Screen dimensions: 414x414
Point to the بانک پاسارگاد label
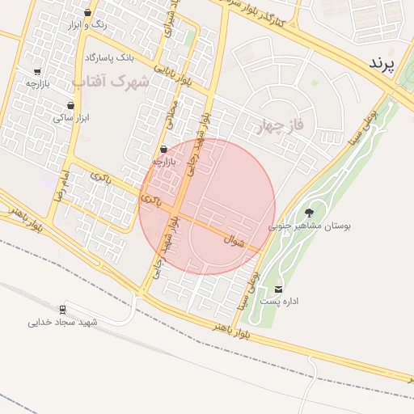pyautogui.click(x=108, y=58)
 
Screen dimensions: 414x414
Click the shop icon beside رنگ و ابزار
pyautogui.click(x=87, y=12)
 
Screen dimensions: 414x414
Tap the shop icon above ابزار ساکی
pyautogui.click(x=71, y=105)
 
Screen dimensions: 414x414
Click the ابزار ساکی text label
pyautogui.click(x=71, y=118)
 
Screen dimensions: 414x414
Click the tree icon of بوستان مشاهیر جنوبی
pyautogui.click(x=309, y=213)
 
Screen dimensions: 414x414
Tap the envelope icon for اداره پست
pyautogui.click(x=279, y=289)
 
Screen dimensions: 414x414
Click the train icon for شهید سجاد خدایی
pyautogui.click(x=62, y=309)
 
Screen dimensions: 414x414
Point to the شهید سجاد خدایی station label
pyautogui.click(x=62, y=323)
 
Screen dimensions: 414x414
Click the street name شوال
pyautogui.click(x=235, y=240)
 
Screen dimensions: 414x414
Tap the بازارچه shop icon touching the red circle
pyautogui.click(x=164, y=150)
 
